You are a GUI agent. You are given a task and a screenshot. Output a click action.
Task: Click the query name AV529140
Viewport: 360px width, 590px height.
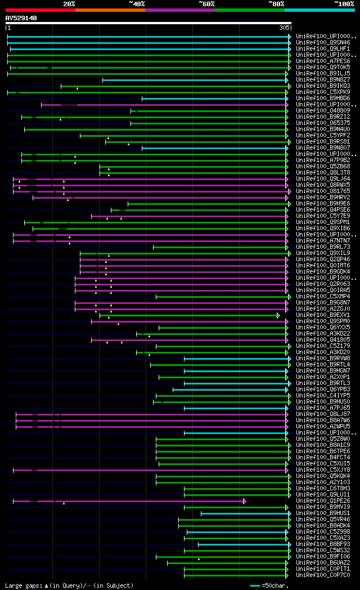[x=21, y=18]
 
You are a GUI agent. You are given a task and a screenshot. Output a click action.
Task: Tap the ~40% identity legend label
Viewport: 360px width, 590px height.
[x=137, y=4]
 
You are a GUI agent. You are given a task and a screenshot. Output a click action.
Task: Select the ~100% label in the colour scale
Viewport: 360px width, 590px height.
[x=344, y=4]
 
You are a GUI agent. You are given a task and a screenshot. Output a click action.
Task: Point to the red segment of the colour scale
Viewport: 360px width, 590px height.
[x=40, y=10]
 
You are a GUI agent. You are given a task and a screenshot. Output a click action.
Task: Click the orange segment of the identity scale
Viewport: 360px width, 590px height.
[x=110, y=10]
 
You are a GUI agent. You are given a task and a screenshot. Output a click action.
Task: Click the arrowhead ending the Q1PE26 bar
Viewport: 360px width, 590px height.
[x=245, y=500]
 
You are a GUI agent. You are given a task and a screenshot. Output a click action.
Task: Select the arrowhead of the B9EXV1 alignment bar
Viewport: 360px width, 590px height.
[x=278, y=315]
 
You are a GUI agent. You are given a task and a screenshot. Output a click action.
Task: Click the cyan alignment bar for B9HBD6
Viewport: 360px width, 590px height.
[x=214, y=99]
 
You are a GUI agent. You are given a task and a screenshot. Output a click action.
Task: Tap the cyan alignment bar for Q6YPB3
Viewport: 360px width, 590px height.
[x=230, y=390]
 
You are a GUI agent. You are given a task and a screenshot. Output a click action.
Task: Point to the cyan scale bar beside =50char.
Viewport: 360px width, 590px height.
[x=255, y=585]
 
